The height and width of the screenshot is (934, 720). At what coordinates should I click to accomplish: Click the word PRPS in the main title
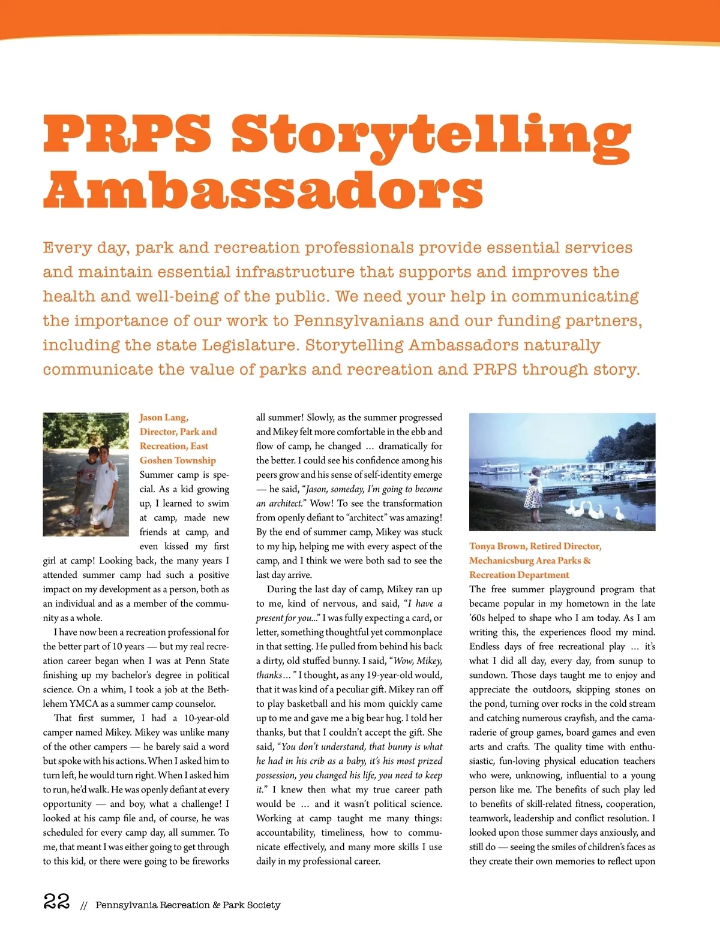tap(127, 133)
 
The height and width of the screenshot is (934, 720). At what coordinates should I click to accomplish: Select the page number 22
tap(56, 901)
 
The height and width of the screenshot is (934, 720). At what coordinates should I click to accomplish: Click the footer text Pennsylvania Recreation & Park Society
tap(188, 905)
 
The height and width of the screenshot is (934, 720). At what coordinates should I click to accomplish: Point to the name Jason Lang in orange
tap(163, 418)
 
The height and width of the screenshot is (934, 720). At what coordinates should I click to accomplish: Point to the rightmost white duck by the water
tap(619, 513)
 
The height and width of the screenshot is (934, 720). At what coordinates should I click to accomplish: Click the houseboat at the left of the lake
tap(501, 468)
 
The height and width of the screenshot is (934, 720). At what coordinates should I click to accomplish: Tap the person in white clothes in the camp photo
tap(104, 486)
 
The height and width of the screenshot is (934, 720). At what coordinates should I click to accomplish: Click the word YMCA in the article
tap(84, 704)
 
